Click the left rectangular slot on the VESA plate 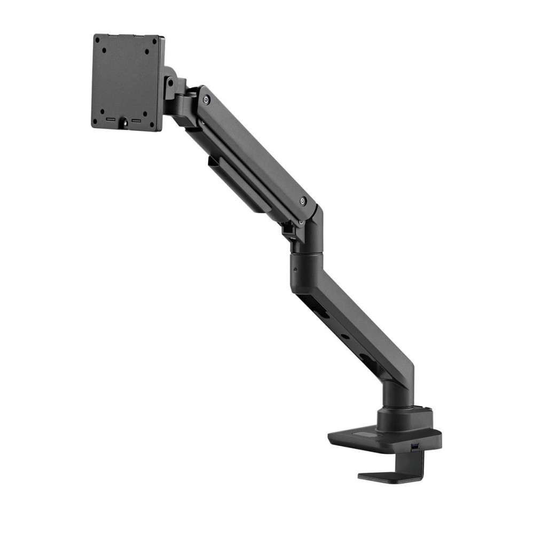111,120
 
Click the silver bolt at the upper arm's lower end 303,201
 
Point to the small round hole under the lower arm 344,337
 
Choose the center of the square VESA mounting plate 128,83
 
